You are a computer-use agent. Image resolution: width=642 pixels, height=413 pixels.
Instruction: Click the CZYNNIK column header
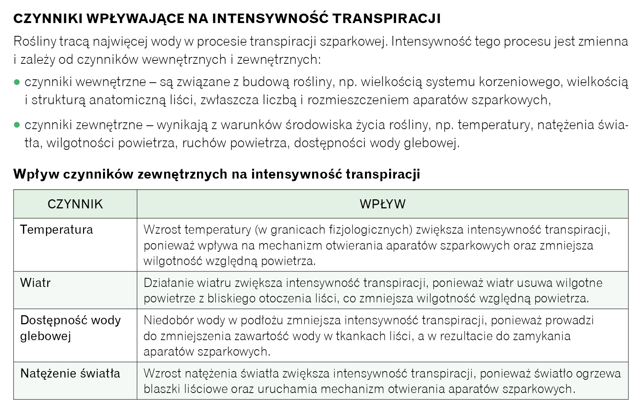coord(75,204)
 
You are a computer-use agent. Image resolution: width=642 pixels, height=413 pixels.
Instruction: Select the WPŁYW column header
coord(382,204)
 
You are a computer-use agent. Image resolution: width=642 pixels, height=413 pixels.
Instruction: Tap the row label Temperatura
coord(57,230)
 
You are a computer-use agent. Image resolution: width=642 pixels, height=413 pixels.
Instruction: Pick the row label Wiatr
coord(35,283)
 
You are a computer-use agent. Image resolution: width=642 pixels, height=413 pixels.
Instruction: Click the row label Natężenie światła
coord(70,373)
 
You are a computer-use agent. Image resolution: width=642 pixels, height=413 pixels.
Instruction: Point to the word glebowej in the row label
coord(46,336)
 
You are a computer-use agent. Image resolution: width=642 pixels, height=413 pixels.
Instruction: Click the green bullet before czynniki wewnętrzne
coord(17,82)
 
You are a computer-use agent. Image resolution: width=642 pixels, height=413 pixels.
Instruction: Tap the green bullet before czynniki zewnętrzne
coord(17,125)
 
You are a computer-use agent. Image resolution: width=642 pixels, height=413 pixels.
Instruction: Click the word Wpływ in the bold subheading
coord(36,174)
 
